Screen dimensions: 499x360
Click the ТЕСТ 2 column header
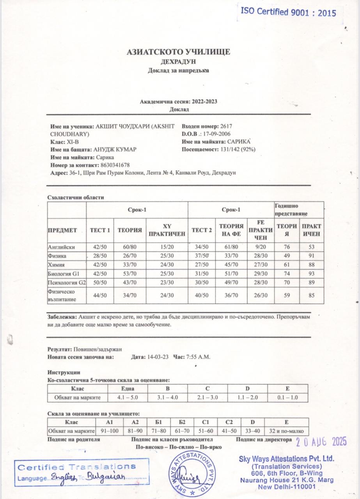point(202,230)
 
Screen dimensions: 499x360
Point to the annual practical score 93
point(311,274)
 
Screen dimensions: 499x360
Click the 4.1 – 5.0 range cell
point(128,397)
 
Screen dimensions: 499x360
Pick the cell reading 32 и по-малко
point(286,431)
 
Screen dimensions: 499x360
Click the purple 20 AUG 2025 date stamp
point(321,442)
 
